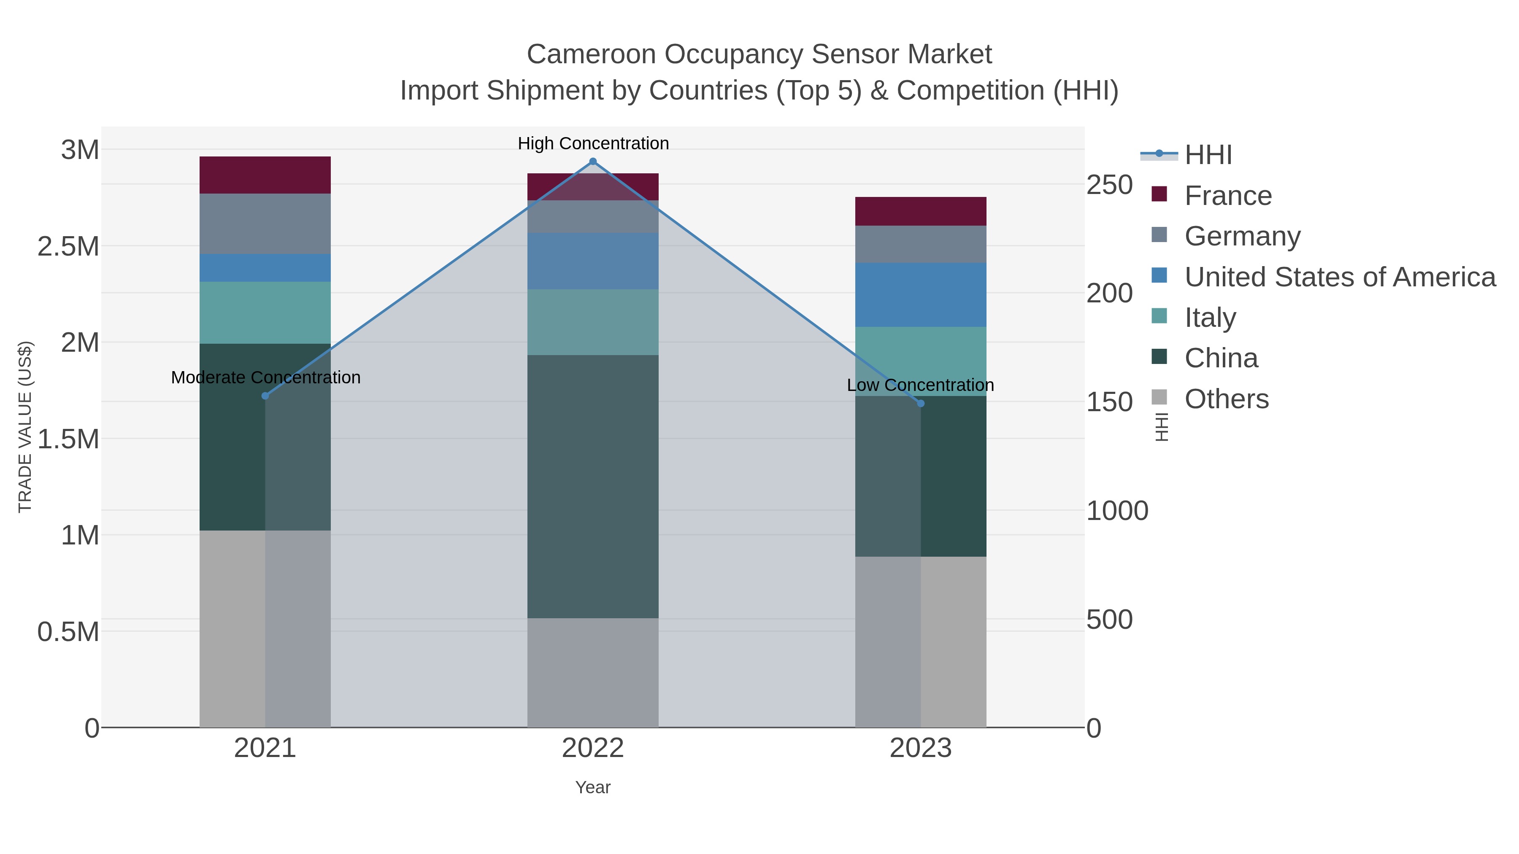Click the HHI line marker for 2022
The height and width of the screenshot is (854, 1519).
[x=593, y=162]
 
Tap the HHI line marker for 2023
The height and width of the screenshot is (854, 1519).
[x=921, y=403]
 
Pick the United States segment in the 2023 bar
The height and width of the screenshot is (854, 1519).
[x=921, y=295]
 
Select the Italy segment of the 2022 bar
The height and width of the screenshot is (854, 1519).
[x=593, y=322]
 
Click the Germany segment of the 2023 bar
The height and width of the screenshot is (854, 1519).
[x=921, y=244]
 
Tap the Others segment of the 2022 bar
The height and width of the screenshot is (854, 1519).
[x=593, y=673]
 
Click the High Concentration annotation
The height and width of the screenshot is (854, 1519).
[x=593, y=143]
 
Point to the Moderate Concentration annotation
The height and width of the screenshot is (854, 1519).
[x=265, y=377]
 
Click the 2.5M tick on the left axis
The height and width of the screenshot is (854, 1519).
[x=68, y=246]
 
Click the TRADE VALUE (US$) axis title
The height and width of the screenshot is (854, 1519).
[x=25, y=427]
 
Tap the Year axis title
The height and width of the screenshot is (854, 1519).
[x=593, y=787]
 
